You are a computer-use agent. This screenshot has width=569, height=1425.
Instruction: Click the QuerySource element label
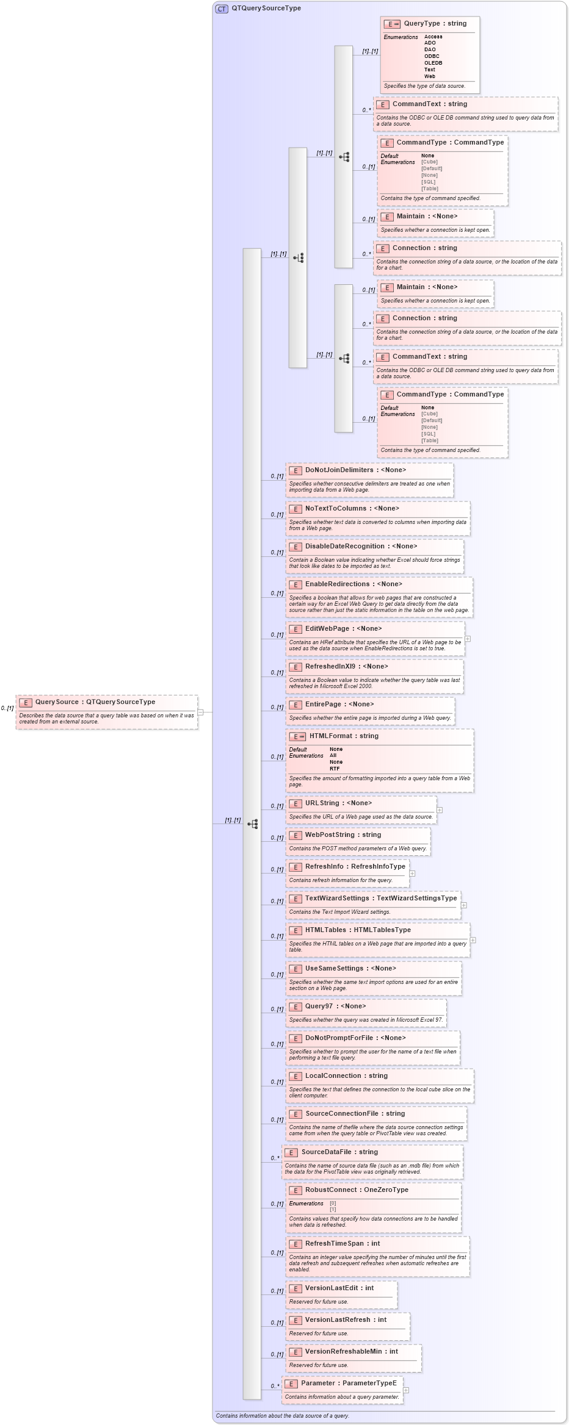pyautogui.click(x=95, y=702)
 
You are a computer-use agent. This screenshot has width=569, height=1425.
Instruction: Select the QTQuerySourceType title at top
pyautogui.click(x=266, y=9)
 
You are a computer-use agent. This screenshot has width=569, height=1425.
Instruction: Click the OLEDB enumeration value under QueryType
pyautogui.click(x=433, y=63)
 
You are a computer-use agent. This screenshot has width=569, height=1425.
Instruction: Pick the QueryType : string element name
pyautogui.click(x=435, y=24)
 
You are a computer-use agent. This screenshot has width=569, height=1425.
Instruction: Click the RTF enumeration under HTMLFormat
pyautogui.click(x=335, y=769)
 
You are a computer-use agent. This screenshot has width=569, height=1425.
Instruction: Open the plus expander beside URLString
pyautogui.click(x=440, y=810)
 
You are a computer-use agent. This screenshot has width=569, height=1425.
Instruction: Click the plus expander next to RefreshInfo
pyautogui.click(x=412, y=874)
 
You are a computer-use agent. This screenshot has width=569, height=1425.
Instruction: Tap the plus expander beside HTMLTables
pyautogui.click(x=473, y=940)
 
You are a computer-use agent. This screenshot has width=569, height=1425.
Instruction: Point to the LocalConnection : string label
pyautogui.click(x=346, y=1076)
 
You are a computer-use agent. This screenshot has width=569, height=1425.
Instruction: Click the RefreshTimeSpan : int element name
pyautogui.click(x=342, y=1244)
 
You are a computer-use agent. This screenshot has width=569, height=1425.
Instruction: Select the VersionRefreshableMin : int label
pyautogui.click(x=351, y=1352)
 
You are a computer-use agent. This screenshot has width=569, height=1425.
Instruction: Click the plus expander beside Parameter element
pyautogui.click(x=406, y=1390)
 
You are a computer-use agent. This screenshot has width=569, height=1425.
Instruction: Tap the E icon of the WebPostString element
pyautogui.click(x=295, y=836)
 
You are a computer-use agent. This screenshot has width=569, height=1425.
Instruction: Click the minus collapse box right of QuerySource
pyautogui.click(x=200, y=712)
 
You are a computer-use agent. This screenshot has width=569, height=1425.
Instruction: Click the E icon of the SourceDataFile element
pyautogui.click(x=291, y=1153)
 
